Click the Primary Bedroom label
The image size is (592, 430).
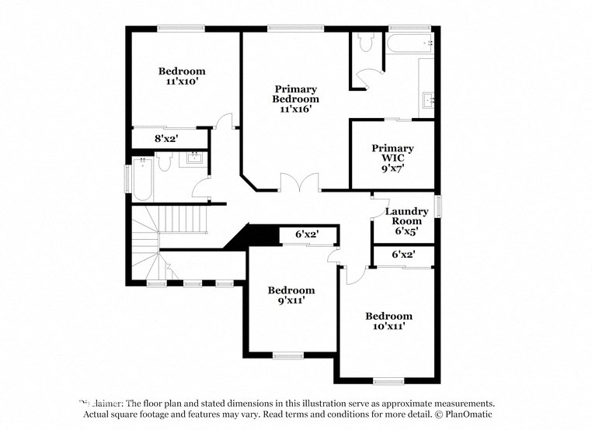tap(295, 94)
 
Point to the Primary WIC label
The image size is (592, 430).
tap(392, 153)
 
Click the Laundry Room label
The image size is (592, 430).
tap(406, 216)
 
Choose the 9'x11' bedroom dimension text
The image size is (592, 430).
tap(291, 301)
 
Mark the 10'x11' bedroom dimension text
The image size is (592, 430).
tap(388, 327)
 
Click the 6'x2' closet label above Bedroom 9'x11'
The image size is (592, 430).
tap(306, 234)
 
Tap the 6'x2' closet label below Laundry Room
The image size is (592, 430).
tap(402, 254)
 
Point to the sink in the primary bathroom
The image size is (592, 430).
tap(427, 100)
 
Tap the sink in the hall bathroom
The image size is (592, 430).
tap(193, 159)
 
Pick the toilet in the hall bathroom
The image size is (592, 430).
tap(164, 161)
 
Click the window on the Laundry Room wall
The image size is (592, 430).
tap(438, 206)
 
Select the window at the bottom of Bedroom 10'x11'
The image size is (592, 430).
tap(388, 380)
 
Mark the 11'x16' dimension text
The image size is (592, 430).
tap(295, 109)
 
